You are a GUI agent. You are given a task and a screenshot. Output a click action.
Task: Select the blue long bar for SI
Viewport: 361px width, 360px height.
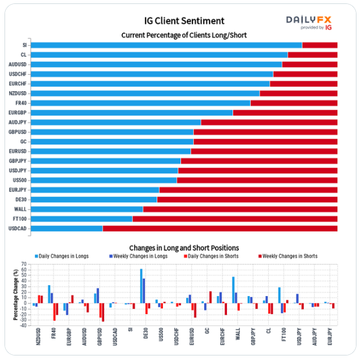point(166,45)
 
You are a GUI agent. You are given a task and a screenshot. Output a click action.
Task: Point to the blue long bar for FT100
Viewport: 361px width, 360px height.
point(81,219)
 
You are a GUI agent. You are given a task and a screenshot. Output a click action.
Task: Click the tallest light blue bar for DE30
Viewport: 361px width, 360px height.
point(141,286)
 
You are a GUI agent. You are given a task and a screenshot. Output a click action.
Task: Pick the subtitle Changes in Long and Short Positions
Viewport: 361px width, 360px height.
point(184,248)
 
